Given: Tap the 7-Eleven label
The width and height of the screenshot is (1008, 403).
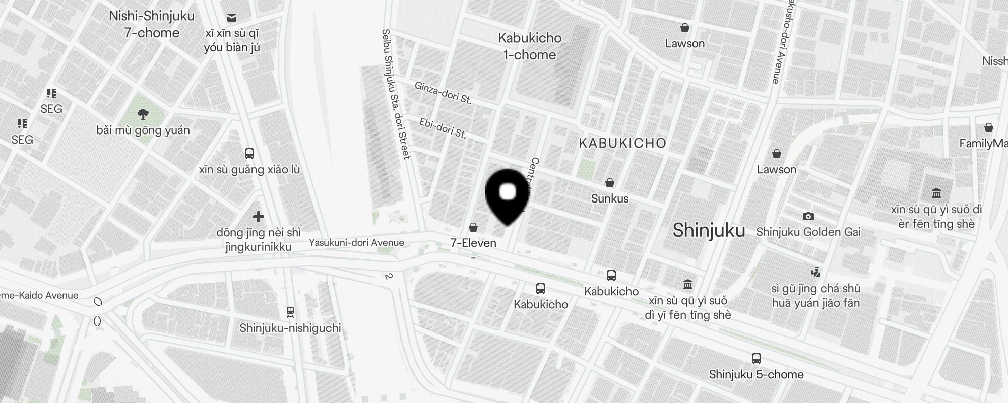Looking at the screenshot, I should (x=473, y=243).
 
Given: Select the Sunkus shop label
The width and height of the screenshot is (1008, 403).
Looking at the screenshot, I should (x=610, y=198).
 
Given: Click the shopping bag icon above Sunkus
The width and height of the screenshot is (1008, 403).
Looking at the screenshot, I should (x=610, y=182).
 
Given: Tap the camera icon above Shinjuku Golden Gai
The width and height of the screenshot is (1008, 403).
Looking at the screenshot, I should (x=808, y=216).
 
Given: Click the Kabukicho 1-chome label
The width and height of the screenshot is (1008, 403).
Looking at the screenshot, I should (x=530, y=46).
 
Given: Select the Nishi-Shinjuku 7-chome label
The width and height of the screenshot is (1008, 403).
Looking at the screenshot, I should (x=152, y=24).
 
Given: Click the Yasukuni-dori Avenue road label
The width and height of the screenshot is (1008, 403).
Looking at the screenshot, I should (x=356, y=243).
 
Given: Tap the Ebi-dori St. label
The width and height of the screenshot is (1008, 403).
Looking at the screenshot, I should (x=443, y=128).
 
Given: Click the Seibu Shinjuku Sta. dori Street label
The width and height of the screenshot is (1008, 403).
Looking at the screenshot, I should (x=396, y=94).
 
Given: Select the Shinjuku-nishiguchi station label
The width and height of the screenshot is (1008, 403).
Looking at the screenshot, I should (x=290, y=328).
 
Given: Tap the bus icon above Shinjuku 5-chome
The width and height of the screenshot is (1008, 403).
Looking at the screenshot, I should (x=756, y=359).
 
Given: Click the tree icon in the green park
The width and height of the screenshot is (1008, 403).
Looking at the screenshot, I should (x=143, y=114).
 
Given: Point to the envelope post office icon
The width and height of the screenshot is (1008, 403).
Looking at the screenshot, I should (x=232, y=18).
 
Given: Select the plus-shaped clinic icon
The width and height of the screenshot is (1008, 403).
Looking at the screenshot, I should (x=259, y=217).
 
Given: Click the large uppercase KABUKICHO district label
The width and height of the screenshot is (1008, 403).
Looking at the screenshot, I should (x=622, y=143).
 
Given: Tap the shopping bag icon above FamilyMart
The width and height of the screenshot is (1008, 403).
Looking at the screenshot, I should (x=988, y=127).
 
